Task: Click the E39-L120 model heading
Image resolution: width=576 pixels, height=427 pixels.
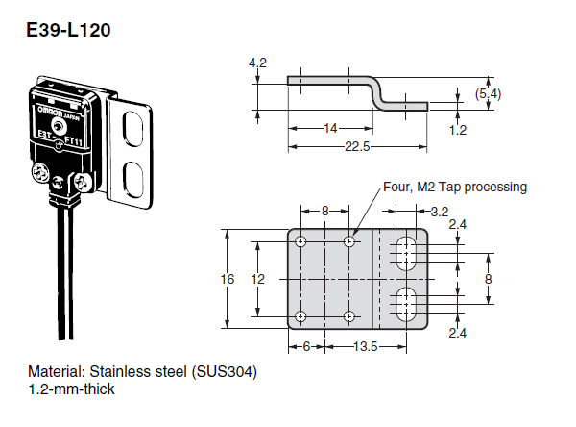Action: point(68,30)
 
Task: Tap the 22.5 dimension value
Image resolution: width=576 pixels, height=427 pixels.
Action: point(357,146)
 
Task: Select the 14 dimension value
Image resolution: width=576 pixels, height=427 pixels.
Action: point(330,128)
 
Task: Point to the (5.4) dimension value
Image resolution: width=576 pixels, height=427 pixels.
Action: point(488,94)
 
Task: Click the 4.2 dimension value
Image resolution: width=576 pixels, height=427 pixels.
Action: point(257,63)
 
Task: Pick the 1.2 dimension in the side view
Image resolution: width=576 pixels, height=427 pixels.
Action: point(458,130)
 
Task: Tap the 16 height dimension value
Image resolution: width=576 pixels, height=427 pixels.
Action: point(228,279)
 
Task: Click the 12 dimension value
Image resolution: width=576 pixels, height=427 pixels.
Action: point(257,279)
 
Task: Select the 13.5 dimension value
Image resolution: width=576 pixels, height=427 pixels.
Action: point(365,346)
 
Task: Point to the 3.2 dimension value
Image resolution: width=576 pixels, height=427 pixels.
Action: point(440,212)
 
